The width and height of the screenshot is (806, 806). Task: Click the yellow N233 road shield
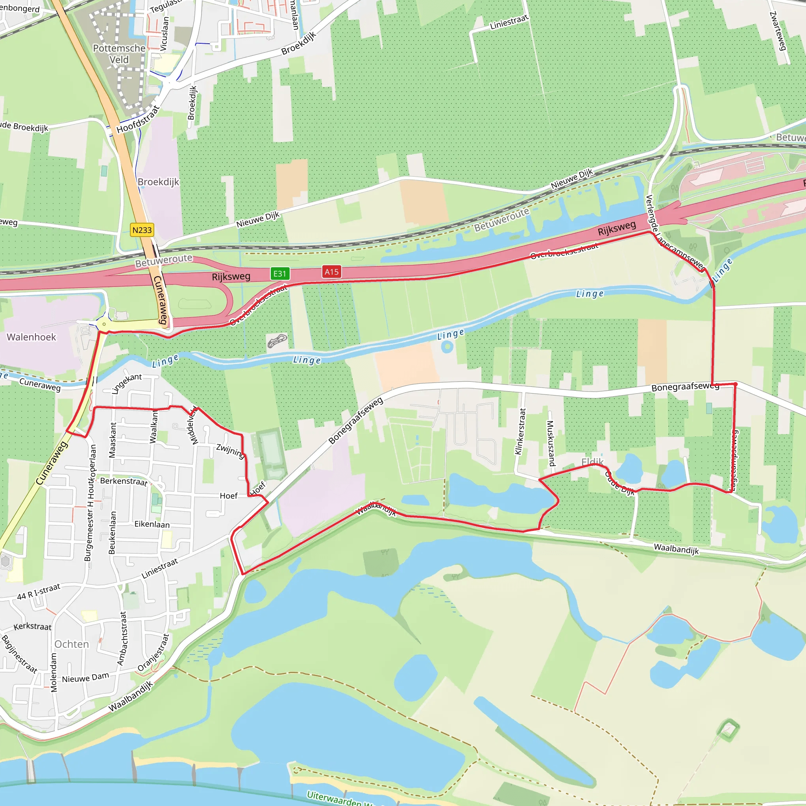[x=142, y=230]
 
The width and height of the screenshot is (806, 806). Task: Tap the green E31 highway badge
[x=279, y=274]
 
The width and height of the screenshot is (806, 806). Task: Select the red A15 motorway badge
[x=332, y=272]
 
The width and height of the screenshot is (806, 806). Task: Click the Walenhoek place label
[x=31, y=337]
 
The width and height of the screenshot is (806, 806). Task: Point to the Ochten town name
[x=72, y=644]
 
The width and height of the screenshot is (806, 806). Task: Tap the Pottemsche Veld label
[x=119, y=54]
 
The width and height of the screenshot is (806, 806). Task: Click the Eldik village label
[x=592, y=462]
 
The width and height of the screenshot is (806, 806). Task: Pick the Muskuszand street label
[x=551, y=443]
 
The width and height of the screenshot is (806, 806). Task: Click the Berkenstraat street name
[x=124, y=481]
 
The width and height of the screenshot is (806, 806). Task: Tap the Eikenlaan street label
[x=152, y=524]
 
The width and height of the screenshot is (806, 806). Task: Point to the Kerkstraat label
[x=33, y=627]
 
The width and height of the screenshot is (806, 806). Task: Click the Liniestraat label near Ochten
[x=159, y=568]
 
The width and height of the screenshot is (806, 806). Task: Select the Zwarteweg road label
[x=778, y=31]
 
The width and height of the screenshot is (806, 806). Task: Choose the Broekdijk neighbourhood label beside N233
[x=158, y=182]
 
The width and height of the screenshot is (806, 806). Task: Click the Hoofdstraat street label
[x=138, y=119]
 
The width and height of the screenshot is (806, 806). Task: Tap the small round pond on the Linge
[x=447, y=347]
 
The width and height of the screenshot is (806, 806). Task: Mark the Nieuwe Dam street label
[x=85, y=678]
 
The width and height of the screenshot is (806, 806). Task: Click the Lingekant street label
[x=126, y=383]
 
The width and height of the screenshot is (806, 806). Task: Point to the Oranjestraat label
[x=153, y=653]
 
